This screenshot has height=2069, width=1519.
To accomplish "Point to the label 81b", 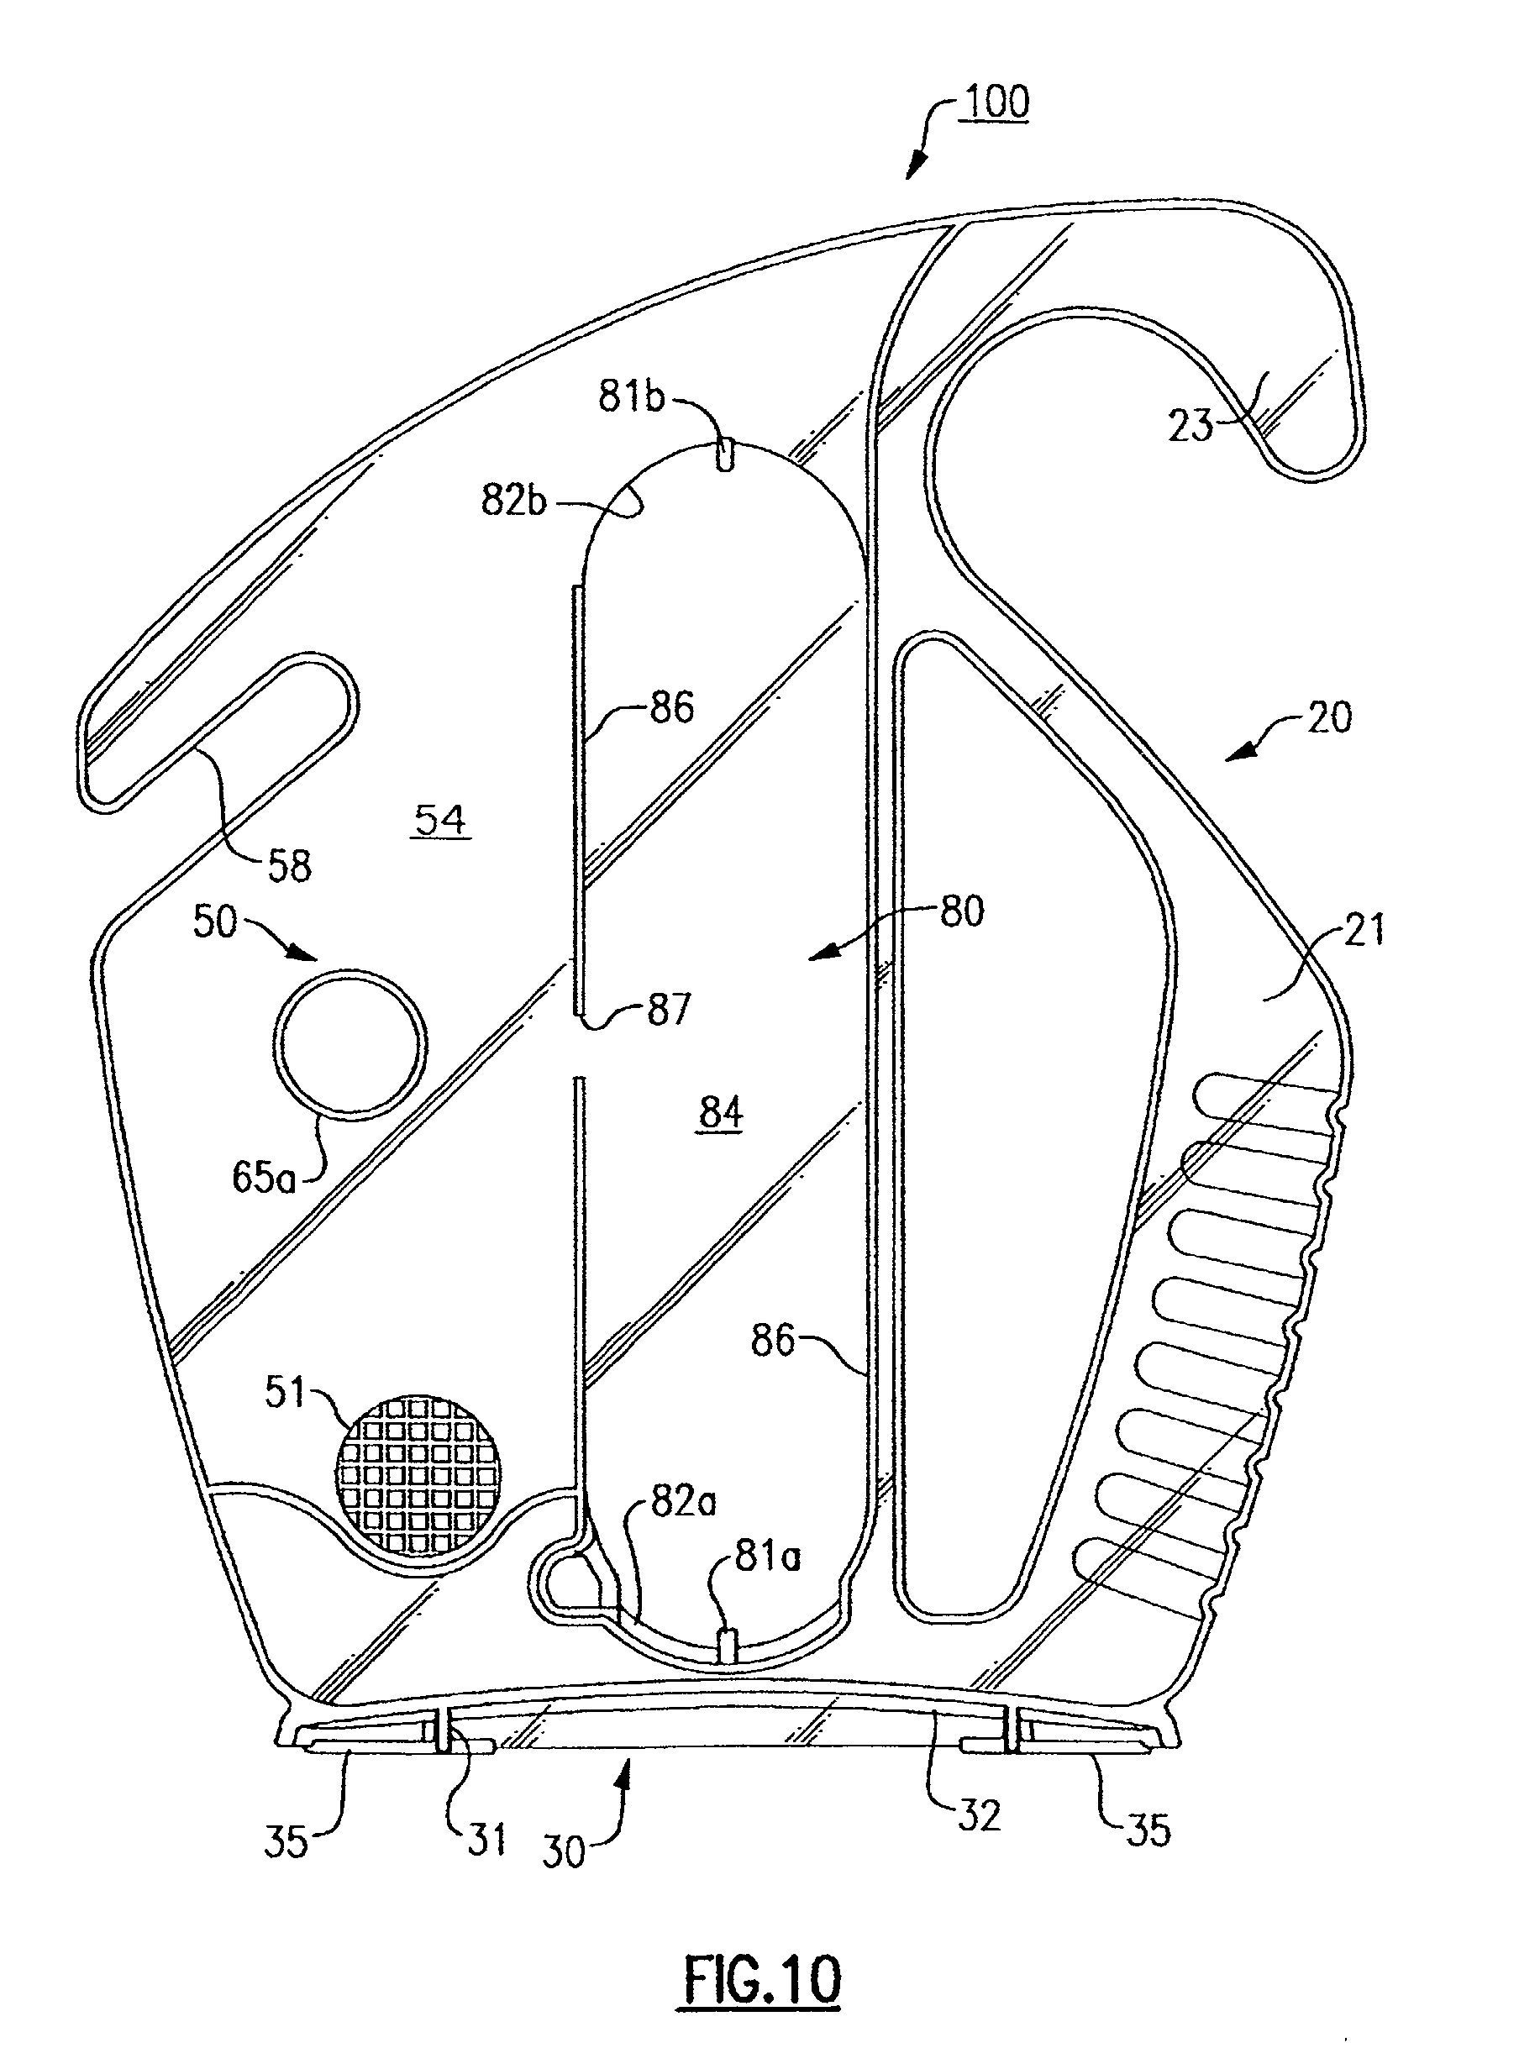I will (x=631, y=397).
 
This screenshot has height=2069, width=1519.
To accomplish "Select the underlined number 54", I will (x=440, y=819).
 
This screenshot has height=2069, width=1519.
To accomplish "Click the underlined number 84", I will (x=721, y=1113).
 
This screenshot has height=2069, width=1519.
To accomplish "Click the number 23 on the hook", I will (x=1190, y=427).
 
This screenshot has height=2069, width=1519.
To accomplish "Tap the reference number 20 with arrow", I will (x=1328, y=718).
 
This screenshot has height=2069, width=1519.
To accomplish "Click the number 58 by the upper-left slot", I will (x=290, y=866).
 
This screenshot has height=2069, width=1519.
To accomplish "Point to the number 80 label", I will (x=962, y=911).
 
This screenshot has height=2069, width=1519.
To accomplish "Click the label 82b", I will (x=513, y=501).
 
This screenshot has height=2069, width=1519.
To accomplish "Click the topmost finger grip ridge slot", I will (x=1264, y=1097).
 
